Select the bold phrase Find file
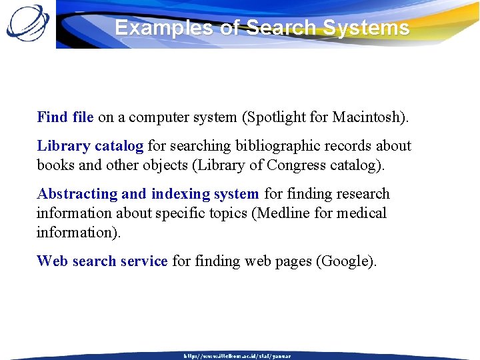pos(65,117)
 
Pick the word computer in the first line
pos(157,117)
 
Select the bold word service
pos(143,261)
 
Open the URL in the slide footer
pos(237,356)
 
